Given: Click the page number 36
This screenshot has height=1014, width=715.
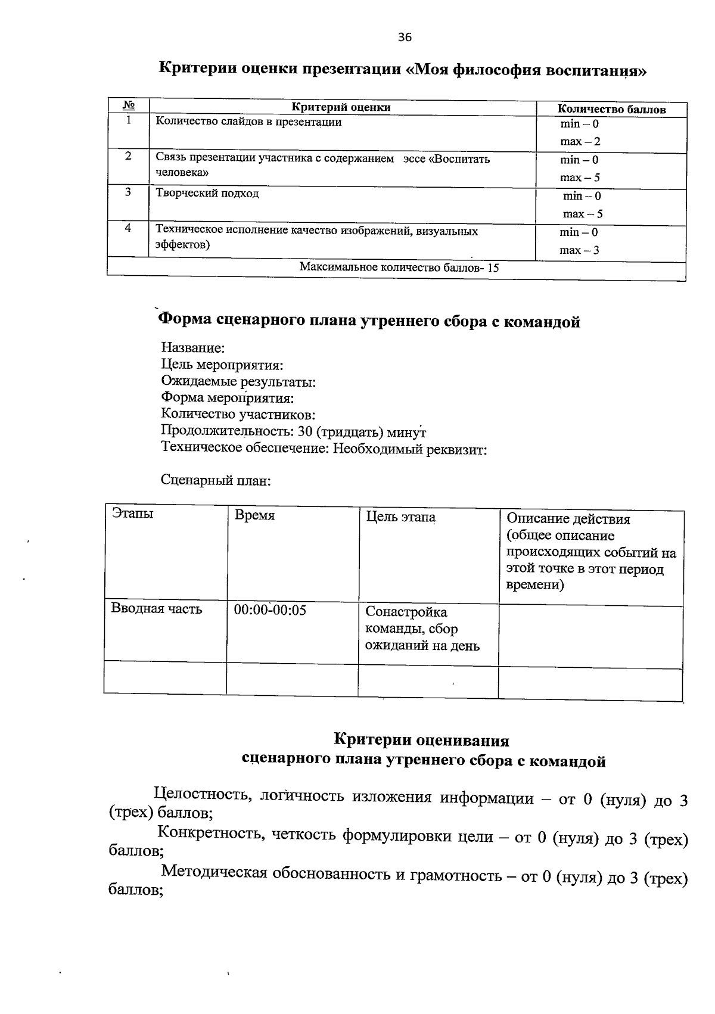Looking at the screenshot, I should [405, 38].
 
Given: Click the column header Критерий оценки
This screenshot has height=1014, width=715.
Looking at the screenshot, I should [341, 107].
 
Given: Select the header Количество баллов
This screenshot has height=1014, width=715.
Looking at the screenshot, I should [611, 109].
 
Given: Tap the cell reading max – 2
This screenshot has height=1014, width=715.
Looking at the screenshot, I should [580, 142].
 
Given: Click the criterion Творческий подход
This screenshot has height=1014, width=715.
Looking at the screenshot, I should [207, 194].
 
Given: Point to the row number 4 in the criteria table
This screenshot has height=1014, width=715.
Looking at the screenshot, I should [128, 228].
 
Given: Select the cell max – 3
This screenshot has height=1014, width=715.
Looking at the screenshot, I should [579, 250].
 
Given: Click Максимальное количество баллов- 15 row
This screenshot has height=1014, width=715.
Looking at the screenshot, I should [399, 268].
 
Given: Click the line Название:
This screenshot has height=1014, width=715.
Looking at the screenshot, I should [192, 347].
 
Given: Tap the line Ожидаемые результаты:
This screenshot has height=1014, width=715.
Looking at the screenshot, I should [238, 381].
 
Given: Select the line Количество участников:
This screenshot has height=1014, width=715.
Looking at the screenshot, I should [238, 414].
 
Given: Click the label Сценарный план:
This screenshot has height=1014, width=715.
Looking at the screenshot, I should [216, 480].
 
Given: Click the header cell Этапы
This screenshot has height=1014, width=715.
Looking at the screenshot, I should [132, 513].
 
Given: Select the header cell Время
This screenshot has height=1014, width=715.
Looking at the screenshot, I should [254, 515].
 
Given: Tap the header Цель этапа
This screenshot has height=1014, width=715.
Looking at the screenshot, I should [400, 517].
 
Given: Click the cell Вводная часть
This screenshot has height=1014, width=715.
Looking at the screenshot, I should [157, 609].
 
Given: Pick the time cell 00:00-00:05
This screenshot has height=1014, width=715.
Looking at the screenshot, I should [270, 610].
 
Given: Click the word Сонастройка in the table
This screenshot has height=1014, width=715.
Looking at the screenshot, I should [406, 612].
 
